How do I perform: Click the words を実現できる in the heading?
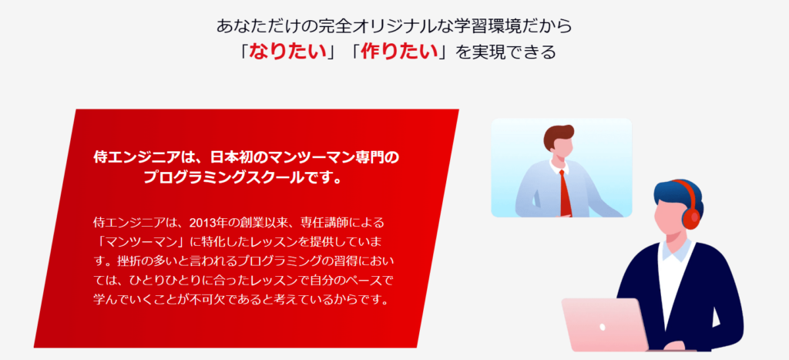504,52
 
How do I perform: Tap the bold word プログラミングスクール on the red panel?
238,178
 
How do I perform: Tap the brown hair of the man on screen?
559,135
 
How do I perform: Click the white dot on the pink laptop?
603,328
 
